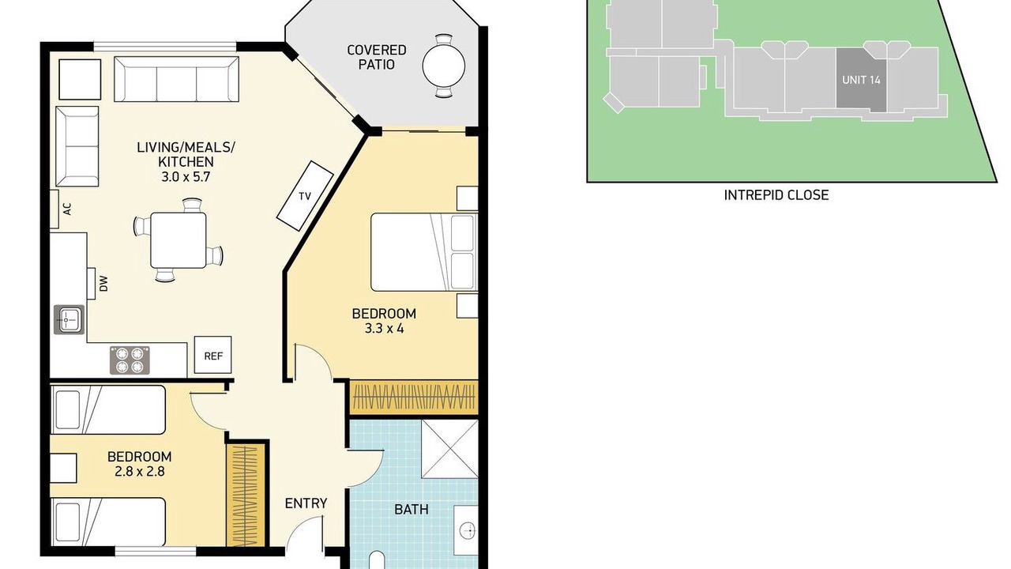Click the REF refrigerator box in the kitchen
(x=212, y=355)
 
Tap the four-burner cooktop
(x=130, y=360)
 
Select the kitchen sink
(x=69, y=320)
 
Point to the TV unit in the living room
(x=305, y=196)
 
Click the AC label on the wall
(x=67, y=209)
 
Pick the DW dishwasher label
(x=103, y=284)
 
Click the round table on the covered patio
(x=444, y=66)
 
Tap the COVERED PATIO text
(x=377, y=57)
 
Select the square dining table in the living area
(x=179, y=240)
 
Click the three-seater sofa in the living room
(x=176, y=79)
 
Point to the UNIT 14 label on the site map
(x=861, y=80)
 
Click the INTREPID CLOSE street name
(x=776, y=195)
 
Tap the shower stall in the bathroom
(x=449, y=448)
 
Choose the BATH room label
(x=412, y=510)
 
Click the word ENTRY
(x=306, y=503)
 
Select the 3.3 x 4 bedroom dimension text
(x=384, y=328)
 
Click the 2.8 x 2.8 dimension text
(x=140, y=472)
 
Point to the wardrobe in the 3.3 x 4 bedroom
(x=415, y=398)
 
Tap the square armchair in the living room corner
(x=80, y=80)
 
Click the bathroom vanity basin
(x=466, y=529)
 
